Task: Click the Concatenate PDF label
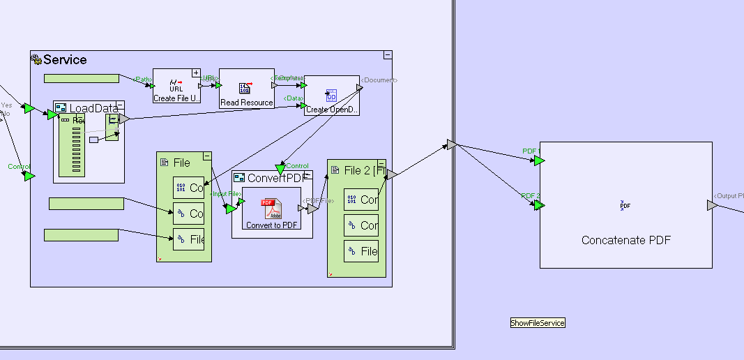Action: [625, 240]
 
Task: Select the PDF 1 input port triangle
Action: [539, 160]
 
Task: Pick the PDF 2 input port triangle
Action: [539, 205]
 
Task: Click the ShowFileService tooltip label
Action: [537, 323]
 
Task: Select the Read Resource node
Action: [246, 89]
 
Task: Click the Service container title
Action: [65, 60]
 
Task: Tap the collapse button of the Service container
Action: [388, 54]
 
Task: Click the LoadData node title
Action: [93, 108]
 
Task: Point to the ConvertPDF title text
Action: [275, 178]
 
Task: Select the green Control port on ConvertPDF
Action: [280, 169]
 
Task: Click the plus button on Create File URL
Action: [196, 73]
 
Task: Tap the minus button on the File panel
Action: [207, 156]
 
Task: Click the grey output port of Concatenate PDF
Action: [711, 205]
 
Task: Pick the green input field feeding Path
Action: [81, 78]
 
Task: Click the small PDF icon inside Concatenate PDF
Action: [625, 205]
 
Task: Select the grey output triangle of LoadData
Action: [123, 119]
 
